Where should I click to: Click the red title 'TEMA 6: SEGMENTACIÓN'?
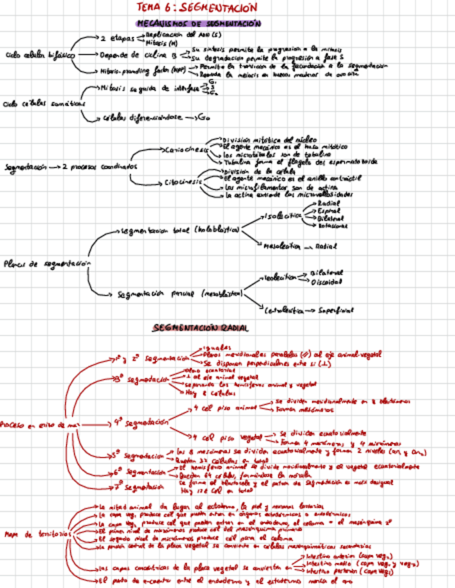pyautogui.click(x=198, y=8)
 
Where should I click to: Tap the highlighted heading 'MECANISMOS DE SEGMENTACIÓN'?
pyautogui.click(x=199, y=24)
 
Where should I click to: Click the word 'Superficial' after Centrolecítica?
pyautogui.click(x=336, y=311)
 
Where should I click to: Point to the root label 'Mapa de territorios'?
pyautogui.click(x=32, y=534)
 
